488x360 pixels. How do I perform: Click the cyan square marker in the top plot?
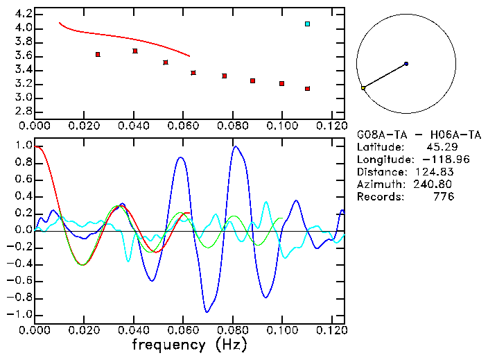click(x=307, y=24)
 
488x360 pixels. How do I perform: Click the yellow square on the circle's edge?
click(x=363, y=87)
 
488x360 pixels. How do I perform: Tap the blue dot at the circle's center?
click(x=406, y=64)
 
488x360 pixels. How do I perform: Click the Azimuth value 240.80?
click(x=435, y=185)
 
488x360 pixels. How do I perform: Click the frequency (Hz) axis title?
click(x=189, y=344)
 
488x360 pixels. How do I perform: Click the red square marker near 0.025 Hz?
click(x=98, y=54)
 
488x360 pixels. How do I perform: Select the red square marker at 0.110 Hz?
click(x=307, y=89)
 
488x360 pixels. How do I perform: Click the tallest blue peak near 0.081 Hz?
click(x=236, y=146)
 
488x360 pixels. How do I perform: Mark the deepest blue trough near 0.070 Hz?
click(x=207, y=312)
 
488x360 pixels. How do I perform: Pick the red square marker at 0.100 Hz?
click(x=282, y=83)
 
